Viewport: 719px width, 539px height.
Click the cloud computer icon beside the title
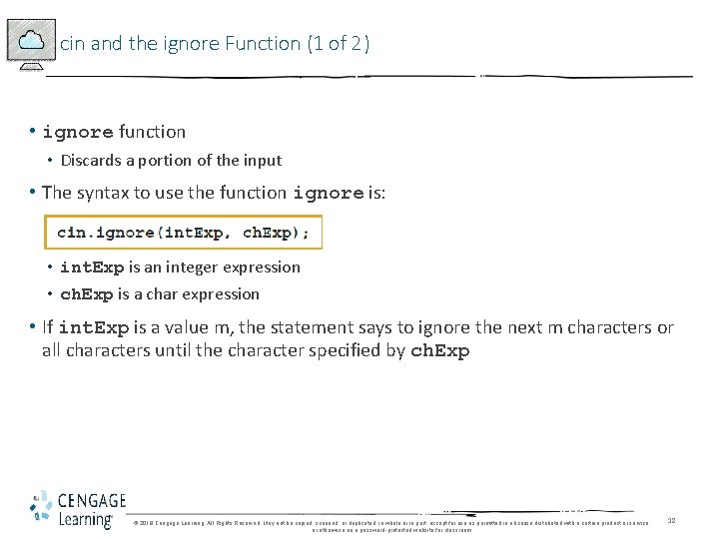(x=30, y=44)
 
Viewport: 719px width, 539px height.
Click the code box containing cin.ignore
(x=183, y=233)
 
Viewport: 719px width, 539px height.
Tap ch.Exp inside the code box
(x=275, y=233)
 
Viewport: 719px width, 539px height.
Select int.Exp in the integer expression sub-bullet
(x=92, y=268)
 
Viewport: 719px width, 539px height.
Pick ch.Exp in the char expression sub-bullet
(x=88, y=294)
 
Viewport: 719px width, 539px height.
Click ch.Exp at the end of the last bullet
(x=439, y=351)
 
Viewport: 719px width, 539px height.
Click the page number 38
(x=672, y=521)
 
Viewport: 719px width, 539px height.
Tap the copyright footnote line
(x=389, y=523)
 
